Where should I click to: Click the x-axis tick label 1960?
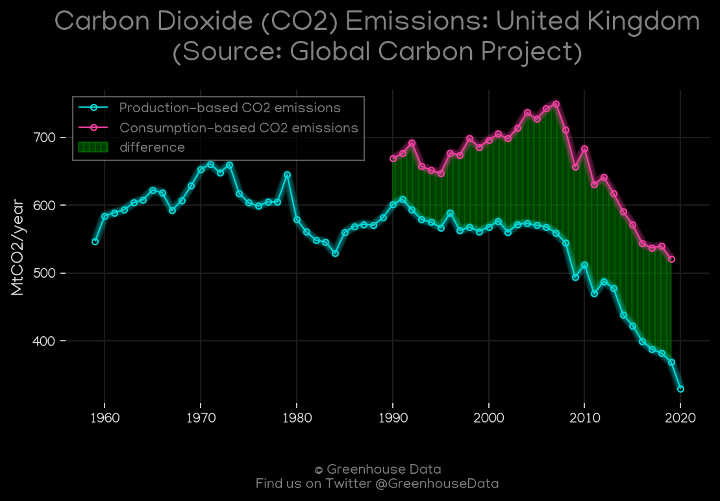(105, 419)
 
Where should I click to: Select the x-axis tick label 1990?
(393, 419)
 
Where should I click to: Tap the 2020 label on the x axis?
(680, 419)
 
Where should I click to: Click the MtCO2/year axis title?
(18, 247)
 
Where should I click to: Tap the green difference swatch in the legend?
(93, 147)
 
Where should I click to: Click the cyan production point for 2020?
(680, 389)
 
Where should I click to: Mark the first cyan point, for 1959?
(95, 242)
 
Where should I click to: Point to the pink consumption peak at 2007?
(556, 104)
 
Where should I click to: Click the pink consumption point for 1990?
(393, 159)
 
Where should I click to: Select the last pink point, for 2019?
(671, 259)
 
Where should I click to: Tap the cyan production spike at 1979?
(287, 175)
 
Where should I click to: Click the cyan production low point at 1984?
(335, 253)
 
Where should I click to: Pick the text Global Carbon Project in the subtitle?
(430, 51)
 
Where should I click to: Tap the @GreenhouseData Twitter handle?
(437, 483)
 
